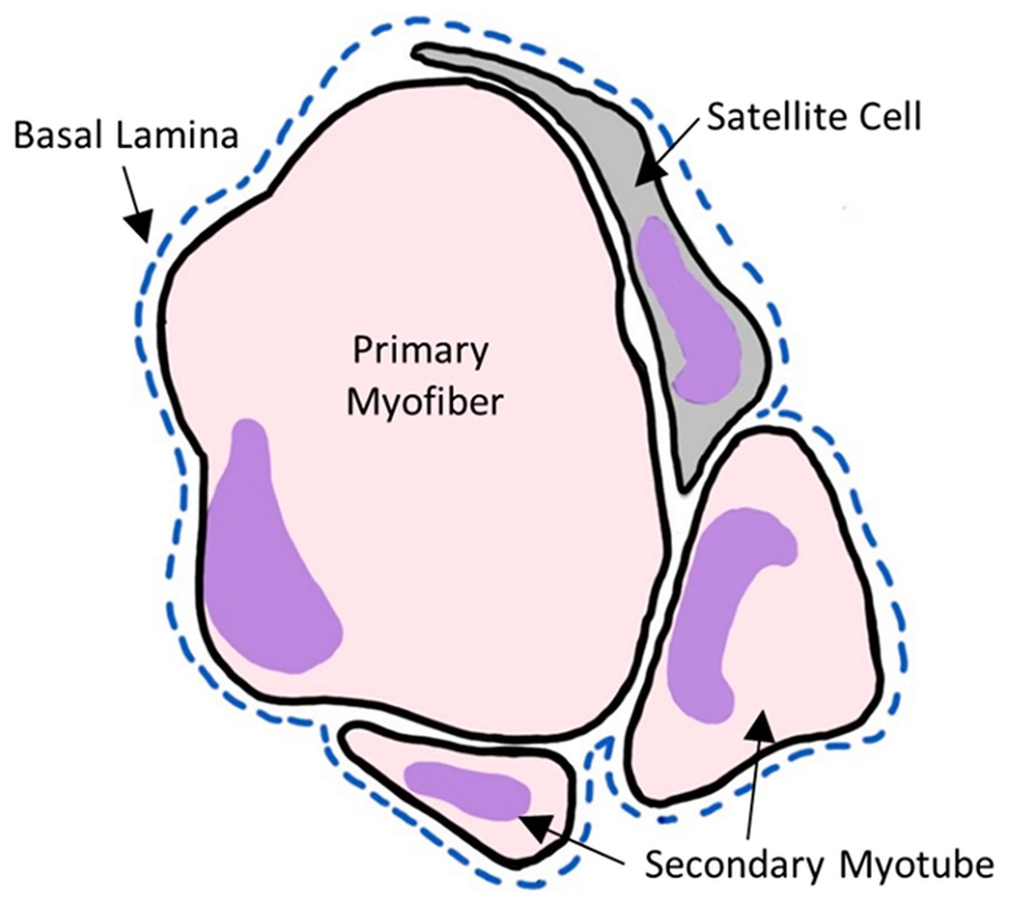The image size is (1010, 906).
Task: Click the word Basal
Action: point(60,135)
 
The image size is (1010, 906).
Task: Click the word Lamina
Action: point(178,135)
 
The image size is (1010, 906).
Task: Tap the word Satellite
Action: point(774,117)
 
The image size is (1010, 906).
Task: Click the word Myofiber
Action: point(425,402)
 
